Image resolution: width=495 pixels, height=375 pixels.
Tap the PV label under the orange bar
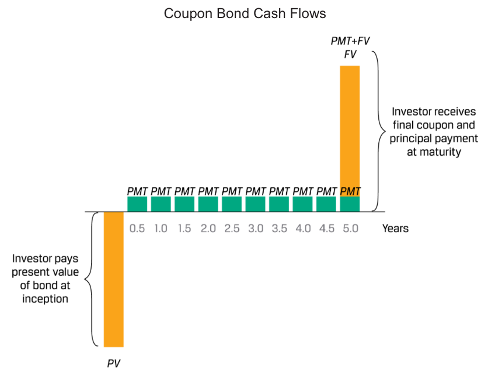[x=114, y=363]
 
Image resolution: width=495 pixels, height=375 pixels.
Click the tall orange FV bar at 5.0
[x=350, y=128]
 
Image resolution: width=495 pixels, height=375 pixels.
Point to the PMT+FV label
[x=350, y=42]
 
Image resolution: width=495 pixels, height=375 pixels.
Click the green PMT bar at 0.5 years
[x=137, y=204]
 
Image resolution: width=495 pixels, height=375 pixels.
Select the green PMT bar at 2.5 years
[x=232, y=204]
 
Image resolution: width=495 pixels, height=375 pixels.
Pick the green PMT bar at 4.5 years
[x=326, y=204]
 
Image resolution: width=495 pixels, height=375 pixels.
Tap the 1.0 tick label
[x=161, y=228]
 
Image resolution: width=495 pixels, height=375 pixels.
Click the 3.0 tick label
[x=255, y=228]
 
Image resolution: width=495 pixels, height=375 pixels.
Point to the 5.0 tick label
[x=350, y=228]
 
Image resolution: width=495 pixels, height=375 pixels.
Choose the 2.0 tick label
[x=208, y=228]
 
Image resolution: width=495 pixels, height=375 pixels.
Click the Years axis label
[x=395, y=228]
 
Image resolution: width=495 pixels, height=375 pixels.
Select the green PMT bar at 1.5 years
[x=184, y=204]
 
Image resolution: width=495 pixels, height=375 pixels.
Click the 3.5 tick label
[x=279, y=228]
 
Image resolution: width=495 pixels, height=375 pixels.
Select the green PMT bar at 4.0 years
[x=302, y=204]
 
